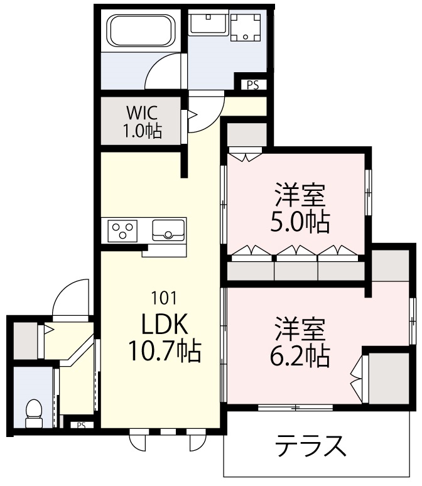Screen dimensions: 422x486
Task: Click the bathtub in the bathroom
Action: pyautogui.click(x=140, y=31)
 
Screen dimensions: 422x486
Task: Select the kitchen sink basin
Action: pyautogui.click(x=168, y=230)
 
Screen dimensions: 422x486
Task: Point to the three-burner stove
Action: pyautogui.click(x=122, y=230)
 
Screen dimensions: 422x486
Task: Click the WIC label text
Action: pyautogui.click(x=142, y=113)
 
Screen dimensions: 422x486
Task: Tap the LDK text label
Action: pyautogui.click(x=165, y=324)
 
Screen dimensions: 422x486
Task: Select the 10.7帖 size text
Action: pyautogui.click(x=165, y=351)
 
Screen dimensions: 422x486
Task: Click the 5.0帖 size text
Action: pyautogui.click(x=300, y=222)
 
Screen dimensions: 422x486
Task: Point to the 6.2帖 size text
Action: pyautogui.click(x=300, y=356)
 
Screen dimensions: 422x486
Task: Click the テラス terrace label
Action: pyautogui.click(x=310, y=446)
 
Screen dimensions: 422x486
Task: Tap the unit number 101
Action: pyautogui.click(x=165, y=298)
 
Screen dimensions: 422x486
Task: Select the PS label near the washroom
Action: pyautogui.click(x=253, y=85)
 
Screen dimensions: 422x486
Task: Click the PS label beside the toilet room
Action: pyautogui.click(x=81, y=426)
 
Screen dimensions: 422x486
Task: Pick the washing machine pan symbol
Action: pyautogui.click(x=246, y=28)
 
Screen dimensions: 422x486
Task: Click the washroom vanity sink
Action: pyautogui.click(x=208, y=23)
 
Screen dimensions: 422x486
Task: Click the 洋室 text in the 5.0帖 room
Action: pyautogui.click(x=300, y=195)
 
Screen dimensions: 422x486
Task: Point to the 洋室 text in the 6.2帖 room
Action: pyautogui.click(x=300, y=329)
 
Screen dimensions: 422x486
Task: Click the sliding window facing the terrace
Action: pyautogui.click(x=296, y=408)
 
